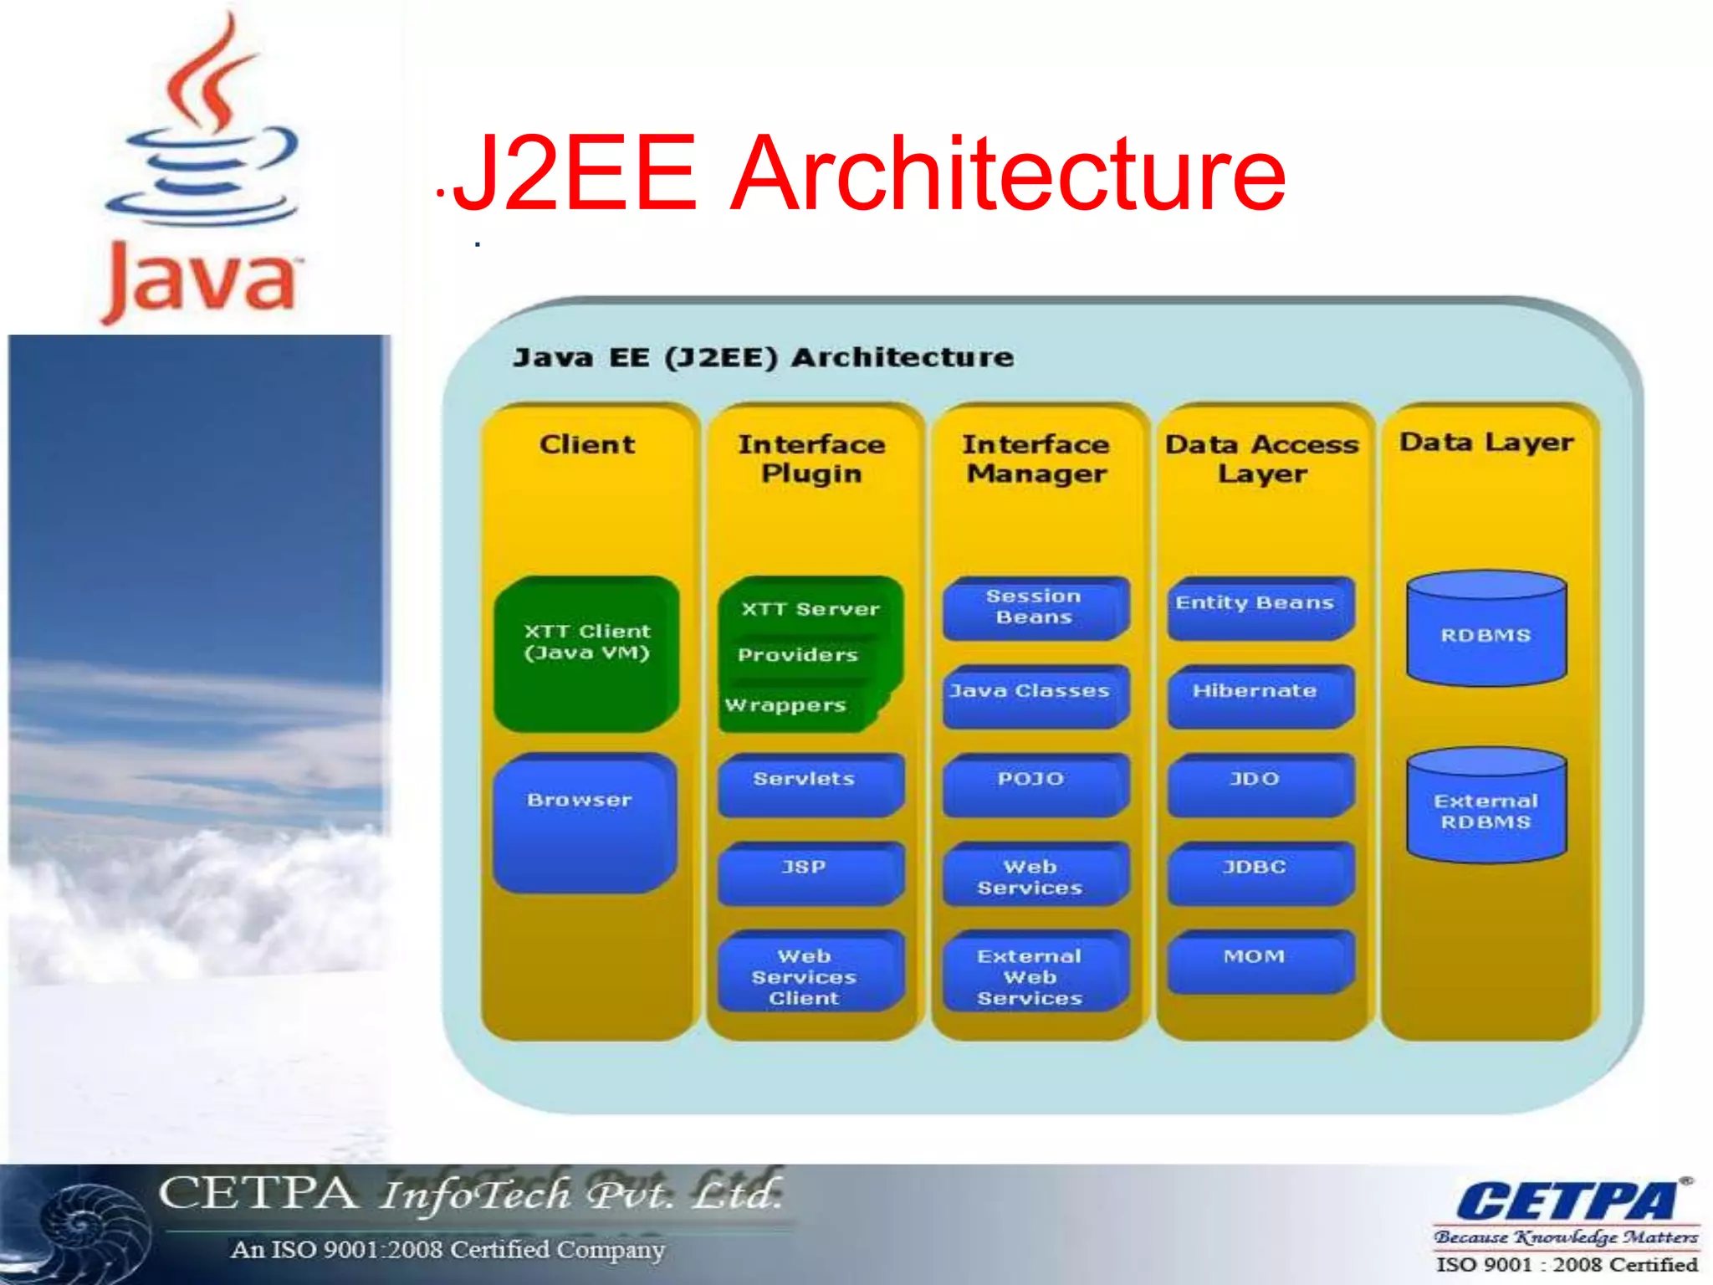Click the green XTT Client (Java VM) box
point(586,653)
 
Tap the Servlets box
point(809,784)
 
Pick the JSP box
point(809,872)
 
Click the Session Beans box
point(1035,608)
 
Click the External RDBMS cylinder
point(1486,807)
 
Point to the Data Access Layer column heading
point(1262,458)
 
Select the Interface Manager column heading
point(1036,458)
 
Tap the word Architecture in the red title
point(1008,173)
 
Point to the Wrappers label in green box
point(785,705)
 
